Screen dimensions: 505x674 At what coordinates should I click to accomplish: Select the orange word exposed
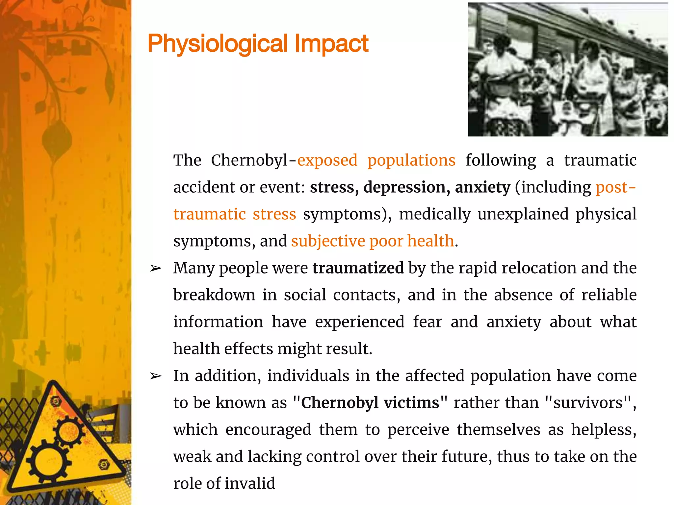click(x=327, y=160)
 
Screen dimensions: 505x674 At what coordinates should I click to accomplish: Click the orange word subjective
click(x=328, y=241)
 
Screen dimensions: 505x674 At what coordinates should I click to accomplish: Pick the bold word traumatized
click(x=358, y=268)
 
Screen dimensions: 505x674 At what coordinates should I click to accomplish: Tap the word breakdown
click(x=214, y=295)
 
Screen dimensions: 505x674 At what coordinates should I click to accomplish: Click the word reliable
click(x=609, y=295)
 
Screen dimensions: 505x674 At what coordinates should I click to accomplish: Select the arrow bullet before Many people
click(x=156, y=269)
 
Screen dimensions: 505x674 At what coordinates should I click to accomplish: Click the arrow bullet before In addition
click(x=156, y=376)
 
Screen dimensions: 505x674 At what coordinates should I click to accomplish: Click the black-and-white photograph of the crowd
click(x=568, y=70)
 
